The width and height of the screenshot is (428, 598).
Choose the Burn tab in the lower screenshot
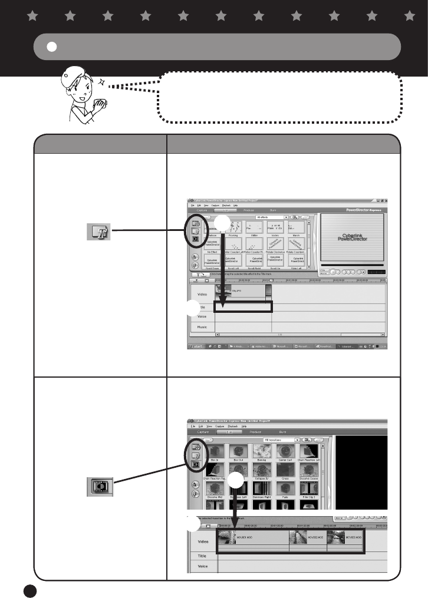(x=283, y=432)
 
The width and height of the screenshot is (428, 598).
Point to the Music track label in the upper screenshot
(x=202, y=326)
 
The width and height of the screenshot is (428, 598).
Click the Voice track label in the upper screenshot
(x=202, y=316)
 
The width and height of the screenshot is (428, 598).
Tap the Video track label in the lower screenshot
(x=202, y=541)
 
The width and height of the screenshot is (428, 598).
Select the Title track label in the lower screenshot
(x=202, y=556)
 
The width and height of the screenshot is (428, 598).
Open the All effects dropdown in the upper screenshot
(x=272, y=217)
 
